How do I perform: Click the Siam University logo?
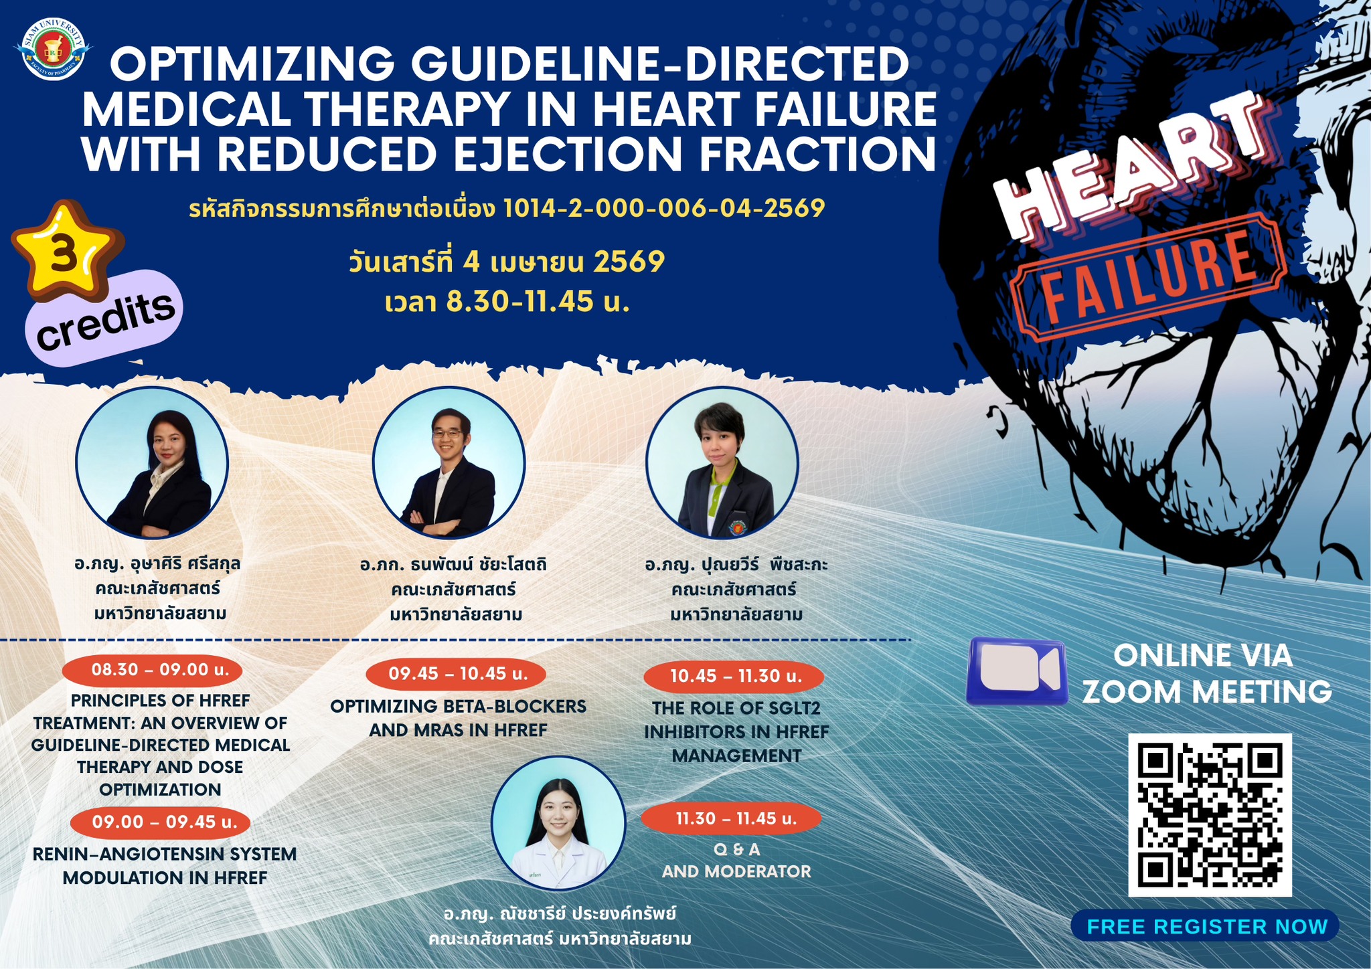(53, 50)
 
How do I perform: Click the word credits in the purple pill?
(106, 321)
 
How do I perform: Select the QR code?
(1210, 814)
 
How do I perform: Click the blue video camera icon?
(1017, 671)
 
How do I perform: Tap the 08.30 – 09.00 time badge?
(152, 669)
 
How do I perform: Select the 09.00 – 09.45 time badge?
(160, 822)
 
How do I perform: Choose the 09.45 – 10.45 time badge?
(457, 673)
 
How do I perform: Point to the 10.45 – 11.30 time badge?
(734, 677)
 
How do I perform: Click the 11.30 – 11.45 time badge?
(731, 818)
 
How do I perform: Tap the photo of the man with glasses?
(449, 463)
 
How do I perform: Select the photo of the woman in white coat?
(558, 823)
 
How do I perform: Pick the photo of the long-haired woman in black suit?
(152, 463)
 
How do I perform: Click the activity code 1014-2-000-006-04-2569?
(664, 209)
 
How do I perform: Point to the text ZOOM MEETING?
(1207, 691)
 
